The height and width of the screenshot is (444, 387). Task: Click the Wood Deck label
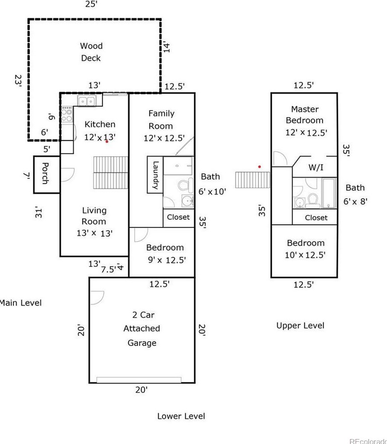point(91,52)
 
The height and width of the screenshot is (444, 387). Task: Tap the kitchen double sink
point(85,101)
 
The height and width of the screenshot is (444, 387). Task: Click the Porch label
point(45,173)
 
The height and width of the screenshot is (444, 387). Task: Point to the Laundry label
point(155,175)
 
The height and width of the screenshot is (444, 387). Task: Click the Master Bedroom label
point(304,115)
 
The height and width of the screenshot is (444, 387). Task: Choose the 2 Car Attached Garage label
point(141,329)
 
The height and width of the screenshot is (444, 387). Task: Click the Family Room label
point(161,120)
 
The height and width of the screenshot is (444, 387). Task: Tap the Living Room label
point(94,216)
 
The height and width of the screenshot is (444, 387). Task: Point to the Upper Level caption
point(300,325)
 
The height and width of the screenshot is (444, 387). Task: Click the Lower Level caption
point(181,416)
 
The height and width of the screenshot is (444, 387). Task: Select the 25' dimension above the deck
point(91,4)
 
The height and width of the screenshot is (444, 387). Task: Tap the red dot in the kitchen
point(107,141)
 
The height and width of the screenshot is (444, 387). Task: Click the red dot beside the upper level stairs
point(259,167)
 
